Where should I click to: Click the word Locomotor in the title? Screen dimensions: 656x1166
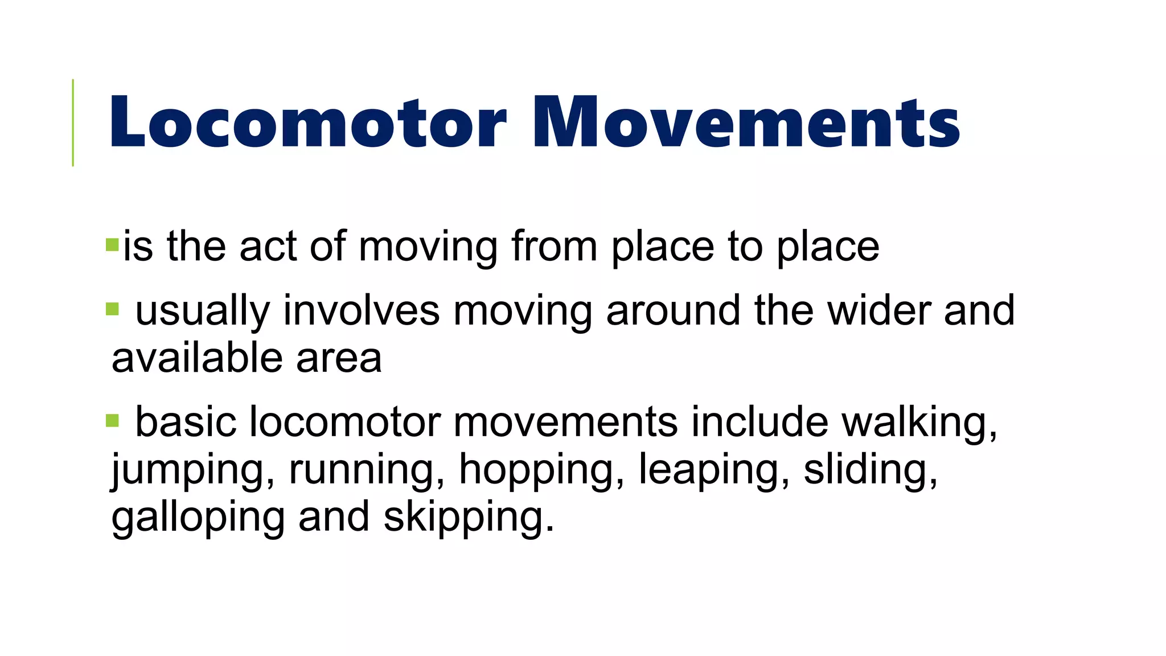click(x=307, y=123)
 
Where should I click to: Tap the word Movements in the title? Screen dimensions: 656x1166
click(x=746, y=123)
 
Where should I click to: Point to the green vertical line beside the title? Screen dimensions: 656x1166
click(x=73, y=122)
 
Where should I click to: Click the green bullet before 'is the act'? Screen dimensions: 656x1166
click(x=112, y=245)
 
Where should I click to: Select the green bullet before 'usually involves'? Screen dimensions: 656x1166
click(x=112, y=309)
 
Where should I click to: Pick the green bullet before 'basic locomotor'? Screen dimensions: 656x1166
click(x=112, y=421)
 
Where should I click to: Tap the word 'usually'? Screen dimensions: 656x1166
click(x=202, y=311)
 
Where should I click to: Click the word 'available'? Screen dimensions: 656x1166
click(x=197, y=358)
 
